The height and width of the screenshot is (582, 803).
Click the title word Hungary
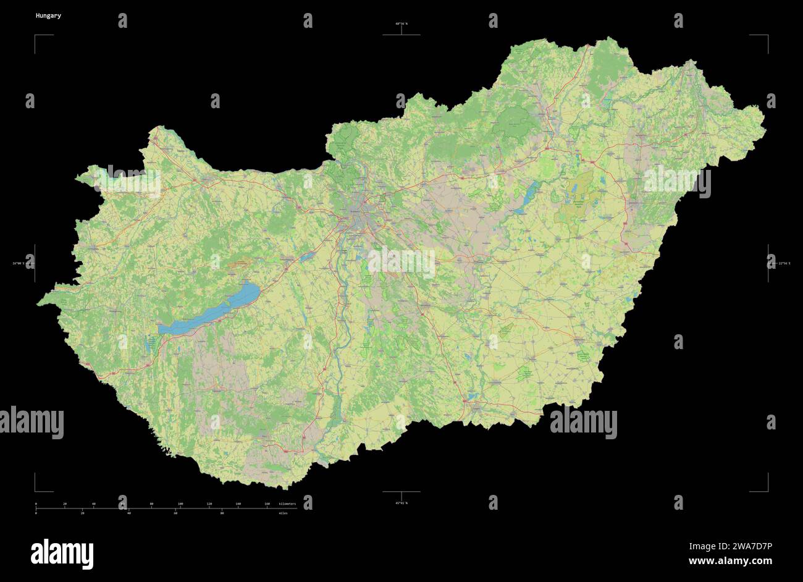(x=48, y=15)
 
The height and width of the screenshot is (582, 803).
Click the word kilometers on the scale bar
(x=287, y=504)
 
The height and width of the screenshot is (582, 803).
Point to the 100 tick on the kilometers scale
(x=180, y=504)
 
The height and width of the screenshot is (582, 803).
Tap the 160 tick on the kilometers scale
(x=267, y=504)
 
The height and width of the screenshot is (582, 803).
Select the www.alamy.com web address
(x=730, y=562)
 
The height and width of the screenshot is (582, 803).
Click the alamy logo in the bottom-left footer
(x=62, y=552)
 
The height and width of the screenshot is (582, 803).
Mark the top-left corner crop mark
(x=36, y=36)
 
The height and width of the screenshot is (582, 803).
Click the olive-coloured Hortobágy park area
(x=578, y=201)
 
